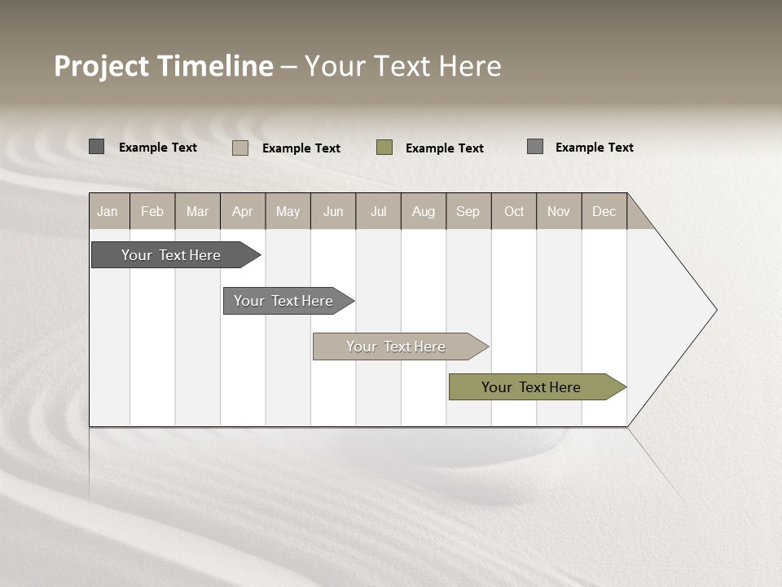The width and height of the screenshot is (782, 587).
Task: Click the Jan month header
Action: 108,211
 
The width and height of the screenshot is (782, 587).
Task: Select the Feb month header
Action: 152,211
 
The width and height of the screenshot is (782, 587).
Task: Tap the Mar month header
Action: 197,211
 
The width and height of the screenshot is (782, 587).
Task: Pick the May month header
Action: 288,211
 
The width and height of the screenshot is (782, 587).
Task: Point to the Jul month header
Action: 378,211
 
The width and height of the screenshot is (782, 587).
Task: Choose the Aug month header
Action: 423,211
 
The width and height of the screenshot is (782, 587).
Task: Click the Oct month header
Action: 514,211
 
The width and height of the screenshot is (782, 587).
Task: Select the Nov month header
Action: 559,211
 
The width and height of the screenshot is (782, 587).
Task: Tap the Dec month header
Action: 604,211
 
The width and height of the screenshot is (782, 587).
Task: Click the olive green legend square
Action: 384,147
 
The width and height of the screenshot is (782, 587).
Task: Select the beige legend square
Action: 240,148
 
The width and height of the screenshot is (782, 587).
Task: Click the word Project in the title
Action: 101,66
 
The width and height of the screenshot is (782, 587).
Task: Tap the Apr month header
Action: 242,211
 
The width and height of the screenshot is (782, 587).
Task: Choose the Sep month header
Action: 468,211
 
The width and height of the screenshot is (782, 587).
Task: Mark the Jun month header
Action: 333,211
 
